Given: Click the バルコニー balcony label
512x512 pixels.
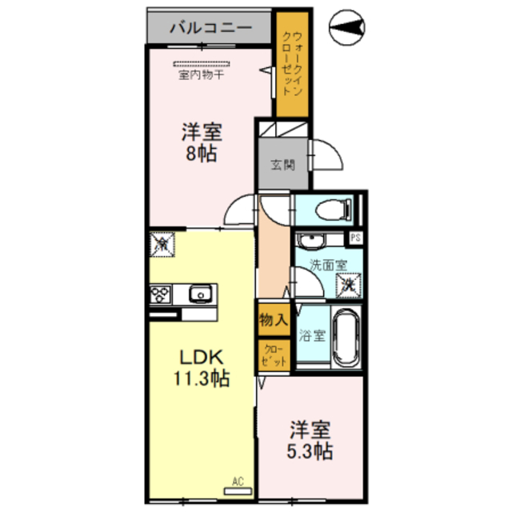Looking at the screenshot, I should point(210,28).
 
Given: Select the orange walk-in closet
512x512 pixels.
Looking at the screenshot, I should point(292,64).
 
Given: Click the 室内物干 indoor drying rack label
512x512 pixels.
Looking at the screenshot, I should point(201,76).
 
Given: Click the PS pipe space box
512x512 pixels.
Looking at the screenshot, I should point(355,238).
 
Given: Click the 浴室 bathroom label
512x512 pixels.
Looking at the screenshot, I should point(311,335).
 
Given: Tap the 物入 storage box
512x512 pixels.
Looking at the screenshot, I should point(273,320).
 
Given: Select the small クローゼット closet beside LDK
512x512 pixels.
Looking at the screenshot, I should point(273,354).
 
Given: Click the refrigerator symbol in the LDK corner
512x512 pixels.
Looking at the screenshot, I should point(161,242).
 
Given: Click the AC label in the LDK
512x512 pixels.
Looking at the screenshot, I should point(238,481).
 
